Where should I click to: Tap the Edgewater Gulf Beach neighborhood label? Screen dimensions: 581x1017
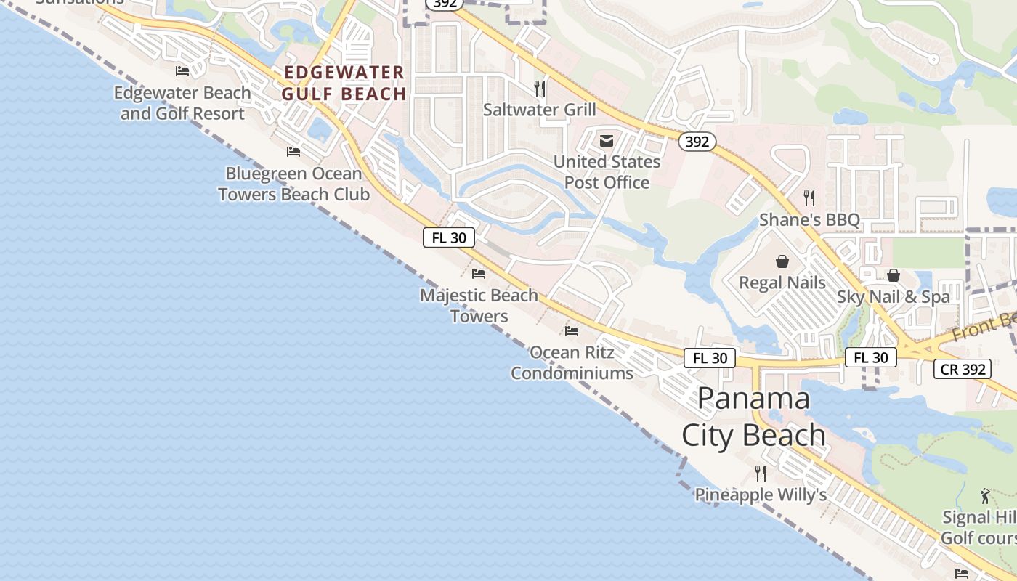(x=344, y=83)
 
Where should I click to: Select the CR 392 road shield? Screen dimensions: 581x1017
(x=963, y=369)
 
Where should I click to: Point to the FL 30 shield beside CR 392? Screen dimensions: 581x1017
(x=871, y=357)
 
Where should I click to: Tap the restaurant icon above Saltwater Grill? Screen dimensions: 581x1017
(x=540, y=89)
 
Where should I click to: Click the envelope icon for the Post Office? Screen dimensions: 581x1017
(x=607, y=141)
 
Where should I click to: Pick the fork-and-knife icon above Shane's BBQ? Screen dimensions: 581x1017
(x=809, y=198)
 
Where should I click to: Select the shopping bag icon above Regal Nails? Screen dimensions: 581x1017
(x=782, y=261)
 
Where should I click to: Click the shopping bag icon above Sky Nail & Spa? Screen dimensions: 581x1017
(x=893, y=275)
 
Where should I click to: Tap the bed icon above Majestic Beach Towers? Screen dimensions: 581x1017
(x=479, y=274)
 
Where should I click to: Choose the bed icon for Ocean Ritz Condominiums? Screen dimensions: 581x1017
(x=572, y=331)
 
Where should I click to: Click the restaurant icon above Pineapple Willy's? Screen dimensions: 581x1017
(x=761, y=474)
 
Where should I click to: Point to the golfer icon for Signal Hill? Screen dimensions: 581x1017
(x=985, y=496)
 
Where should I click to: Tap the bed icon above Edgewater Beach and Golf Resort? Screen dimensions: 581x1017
(x=182, y=70)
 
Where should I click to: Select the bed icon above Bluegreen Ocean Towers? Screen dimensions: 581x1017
(x=293, y=151)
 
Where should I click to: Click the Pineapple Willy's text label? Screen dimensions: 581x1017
(x=761, y=495)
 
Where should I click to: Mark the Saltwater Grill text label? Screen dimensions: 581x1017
(x=540, y=110)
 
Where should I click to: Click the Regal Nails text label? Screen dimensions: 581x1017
(x=782, y=283)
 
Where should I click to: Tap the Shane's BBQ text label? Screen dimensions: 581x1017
(x=809, y=219)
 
